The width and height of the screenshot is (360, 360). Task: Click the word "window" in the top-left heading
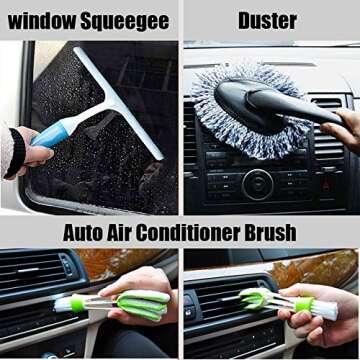37,19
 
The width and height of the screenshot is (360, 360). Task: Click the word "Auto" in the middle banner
87,232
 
